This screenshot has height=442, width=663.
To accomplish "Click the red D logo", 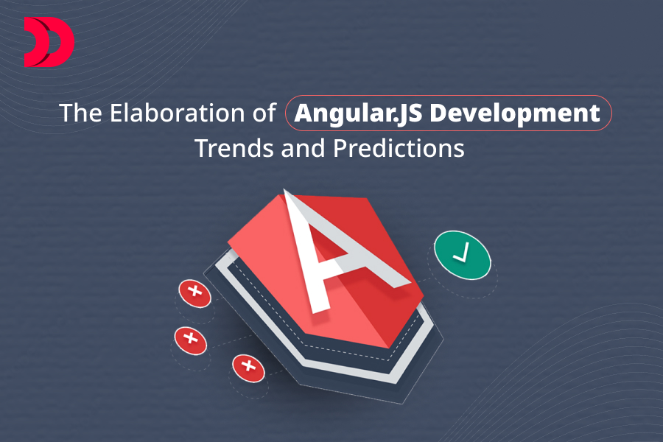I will [x=49, y=43].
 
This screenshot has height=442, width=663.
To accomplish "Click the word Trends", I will [x=234, y=148].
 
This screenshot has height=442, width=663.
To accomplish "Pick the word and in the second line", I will [x=303, y=148].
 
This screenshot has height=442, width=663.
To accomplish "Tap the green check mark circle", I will [x=462, y=256].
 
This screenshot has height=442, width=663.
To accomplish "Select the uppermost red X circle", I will [x=194, y=292].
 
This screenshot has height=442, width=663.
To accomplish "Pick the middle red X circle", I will [x=190, y=340].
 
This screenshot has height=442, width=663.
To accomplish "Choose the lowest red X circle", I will [x=248, y=367].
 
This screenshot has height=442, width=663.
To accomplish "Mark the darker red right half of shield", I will [x=390, y=302].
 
